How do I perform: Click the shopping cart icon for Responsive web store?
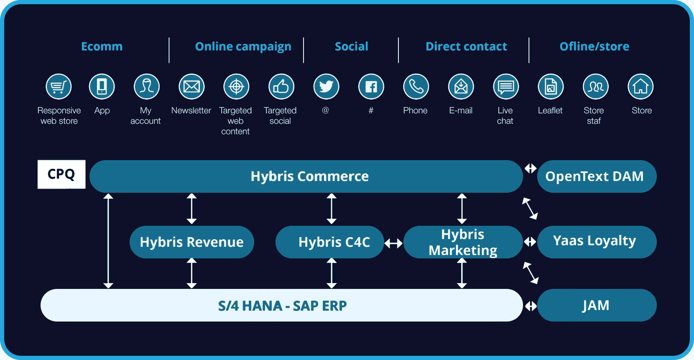(x=59, y=87)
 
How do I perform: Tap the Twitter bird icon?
(x=326, y=87)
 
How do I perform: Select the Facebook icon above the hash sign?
(x=371, y=87)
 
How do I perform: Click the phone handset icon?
(x=416, y=87)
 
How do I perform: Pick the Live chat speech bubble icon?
(x=506, y=87)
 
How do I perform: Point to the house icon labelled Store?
(x=640, y=87)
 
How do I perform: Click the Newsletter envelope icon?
(x=191, y=87)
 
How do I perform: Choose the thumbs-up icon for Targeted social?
(x=281, y=87)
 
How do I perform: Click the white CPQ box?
(x=61, y=174)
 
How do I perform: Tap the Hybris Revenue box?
(x=192, y=242)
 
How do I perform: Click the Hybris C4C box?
(x=330, y=242)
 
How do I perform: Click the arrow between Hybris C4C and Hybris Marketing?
(x=393, y=243)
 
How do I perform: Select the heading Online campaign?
(x=243, y=46)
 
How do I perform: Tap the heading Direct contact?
(x=466, y=46)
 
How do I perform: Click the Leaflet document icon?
(x=551, y=87)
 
